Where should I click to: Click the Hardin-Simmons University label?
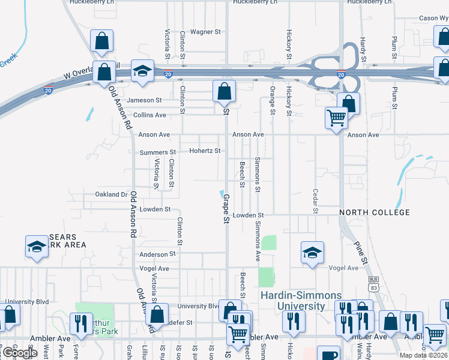[x=301, y=301]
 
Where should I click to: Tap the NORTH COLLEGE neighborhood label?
[x=374, y=213]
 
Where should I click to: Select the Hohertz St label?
[x=205, y=151]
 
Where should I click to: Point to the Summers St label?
[x=157, y=153]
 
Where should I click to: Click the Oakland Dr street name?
[x=112, y=194]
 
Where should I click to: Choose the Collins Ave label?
[x=149, y=115]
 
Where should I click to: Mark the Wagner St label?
[x=206, y=32]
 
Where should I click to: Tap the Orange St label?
[x=273, y=100]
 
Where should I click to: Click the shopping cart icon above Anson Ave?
[x=336, y=118]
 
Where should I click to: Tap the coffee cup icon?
[x=328, y=354]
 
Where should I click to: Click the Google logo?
[x=20, y=353]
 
